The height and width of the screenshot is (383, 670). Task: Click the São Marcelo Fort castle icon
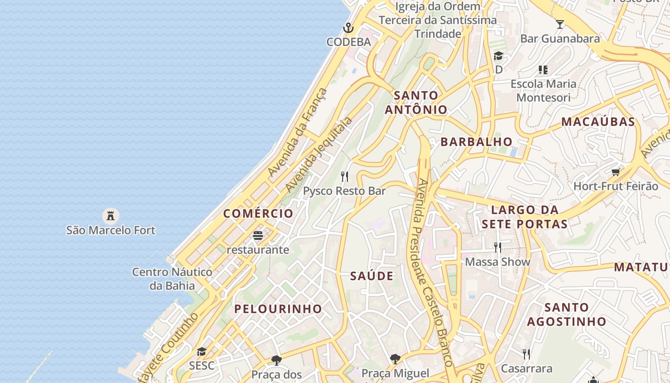[x=111, y=215]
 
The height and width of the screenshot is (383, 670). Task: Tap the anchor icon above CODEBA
[x=348, y=27]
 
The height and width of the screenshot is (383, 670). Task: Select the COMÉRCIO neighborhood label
[x=258, y=214]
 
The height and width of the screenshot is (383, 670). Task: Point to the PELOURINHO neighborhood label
[x=278, y=309]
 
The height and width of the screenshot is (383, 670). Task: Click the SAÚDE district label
[x=372, y=276]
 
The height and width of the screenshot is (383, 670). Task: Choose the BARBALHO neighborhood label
[x=477, y=142]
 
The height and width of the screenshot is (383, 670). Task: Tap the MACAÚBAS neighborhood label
[x=598, y=122]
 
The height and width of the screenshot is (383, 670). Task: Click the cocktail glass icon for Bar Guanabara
[x=559, y=24]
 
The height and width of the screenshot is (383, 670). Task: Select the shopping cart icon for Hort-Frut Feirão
[x=615, y=172]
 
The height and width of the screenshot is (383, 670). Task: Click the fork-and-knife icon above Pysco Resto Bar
[x=344, y=177]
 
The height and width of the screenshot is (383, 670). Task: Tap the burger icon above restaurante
[x=258, y=236]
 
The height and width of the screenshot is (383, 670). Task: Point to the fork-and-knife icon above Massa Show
[x=498, y=247]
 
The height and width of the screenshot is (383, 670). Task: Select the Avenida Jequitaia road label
[x=318, y=154]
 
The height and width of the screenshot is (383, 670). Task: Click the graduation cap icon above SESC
[x=201, y=352]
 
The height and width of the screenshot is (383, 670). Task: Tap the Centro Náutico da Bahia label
[x=172, y=279]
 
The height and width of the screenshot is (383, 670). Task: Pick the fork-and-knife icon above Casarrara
[x=526, y=354]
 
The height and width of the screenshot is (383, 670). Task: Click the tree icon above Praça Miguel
[x=395, y=359]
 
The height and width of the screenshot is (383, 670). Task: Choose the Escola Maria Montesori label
[x=544, y=90]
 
